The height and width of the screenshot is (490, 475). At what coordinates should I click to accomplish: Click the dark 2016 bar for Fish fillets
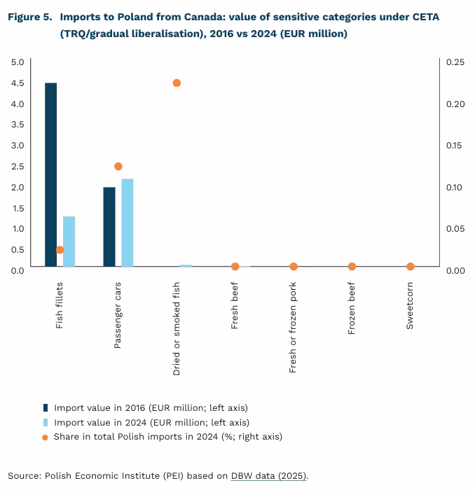click(50, 174)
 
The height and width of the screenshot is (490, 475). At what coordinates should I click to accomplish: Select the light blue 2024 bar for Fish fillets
click(69, 241)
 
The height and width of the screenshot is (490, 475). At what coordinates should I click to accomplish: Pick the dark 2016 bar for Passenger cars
click(109, 227)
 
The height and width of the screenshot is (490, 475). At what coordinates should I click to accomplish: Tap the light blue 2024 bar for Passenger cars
click(127, 223)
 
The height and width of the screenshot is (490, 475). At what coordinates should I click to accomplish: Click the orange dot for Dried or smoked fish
click(177, 83)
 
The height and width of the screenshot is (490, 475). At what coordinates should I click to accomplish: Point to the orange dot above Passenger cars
click(118, 167)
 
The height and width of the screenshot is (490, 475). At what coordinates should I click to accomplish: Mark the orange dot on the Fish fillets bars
click(60, 250)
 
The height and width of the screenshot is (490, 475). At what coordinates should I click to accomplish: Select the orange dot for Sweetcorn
click(411, 267)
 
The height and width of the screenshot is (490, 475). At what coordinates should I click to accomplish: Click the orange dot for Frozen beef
click(352, 267)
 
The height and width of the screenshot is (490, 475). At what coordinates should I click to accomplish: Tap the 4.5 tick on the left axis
click(18, 83)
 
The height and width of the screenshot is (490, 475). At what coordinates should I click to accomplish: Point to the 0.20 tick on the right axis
click(455, 104)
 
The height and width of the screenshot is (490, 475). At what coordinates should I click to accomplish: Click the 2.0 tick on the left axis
click(18, 187)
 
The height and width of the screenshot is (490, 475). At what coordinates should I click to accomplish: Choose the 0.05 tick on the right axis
click(455, 229)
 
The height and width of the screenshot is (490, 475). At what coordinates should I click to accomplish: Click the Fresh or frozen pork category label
click(294, 327)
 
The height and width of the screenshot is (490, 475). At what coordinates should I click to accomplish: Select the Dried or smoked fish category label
click(177, 328)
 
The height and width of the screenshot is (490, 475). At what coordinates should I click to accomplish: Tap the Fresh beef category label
click(235, 305)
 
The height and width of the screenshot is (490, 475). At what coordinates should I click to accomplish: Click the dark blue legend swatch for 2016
click(46, 407)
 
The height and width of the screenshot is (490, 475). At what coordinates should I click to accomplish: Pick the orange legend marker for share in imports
click(46, 437)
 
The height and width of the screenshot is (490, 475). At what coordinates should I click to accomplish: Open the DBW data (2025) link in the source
click(269, 476)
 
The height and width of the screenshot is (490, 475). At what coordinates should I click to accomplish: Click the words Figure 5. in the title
click(30, 17)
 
